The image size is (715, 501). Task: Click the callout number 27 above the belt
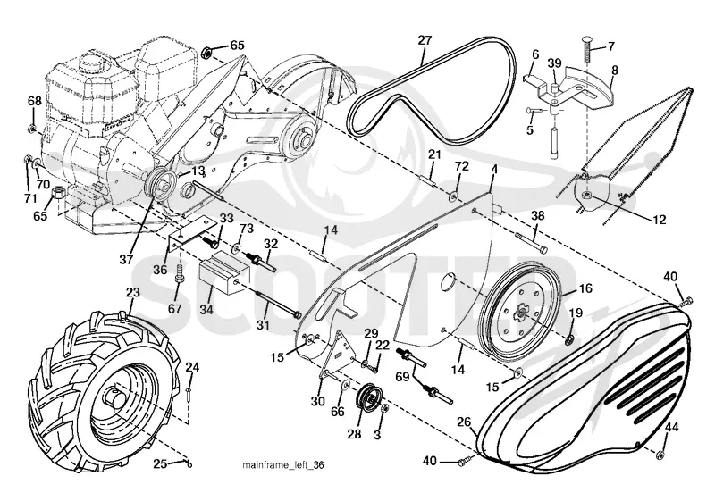point(425,40)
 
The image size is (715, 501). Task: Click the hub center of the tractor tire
point(114,397)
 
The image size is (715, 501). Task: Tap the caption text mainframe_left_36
point(283,465)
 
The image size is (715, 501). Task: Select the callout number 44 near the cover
point(671,427)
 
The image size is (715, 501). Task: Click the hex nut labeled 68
point(31,129)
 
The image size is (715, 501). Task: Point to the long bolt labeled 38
point(531,242)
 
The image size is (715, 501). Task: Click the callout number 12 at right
point(660,220)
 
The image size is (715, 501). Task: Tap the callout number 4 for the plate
point(494,170)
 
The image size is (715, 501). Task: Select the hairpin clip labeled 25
point(188,463)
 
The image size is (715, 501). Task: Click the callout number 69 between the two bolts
point(402,377)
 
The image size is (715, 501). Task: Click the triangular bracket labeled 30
point(339,355)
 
